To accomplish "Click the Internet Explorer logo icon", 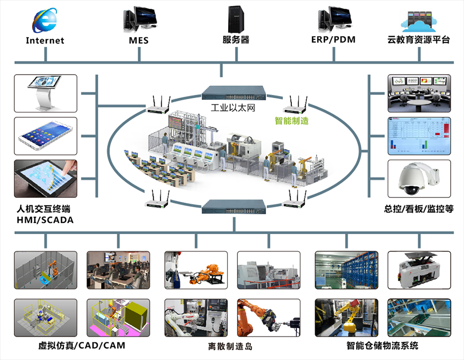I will coord(45,20).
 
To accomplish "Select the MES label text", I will coord(139,40).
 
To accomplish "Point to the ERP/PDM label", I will coord(333,39).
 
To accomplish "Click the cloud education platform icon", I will coord(420,21).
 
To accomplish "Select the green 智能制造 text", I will coord(292,121).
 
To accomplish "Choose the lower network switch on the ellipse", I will coord(233,205).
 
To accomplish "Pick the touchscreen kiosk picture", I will coord(46,93).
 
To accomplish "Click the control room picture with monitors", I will coord(419,93).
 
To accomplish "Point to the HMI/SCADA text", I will coord(45,220).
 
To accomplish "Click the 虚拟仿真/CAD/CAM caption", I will coord(82,346).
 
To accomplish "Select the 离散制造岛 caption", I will coord(230,346).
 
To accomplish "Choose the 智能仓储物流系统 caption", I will coord(382,346).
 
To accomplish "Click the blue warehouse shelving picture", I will coord(346,270).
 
